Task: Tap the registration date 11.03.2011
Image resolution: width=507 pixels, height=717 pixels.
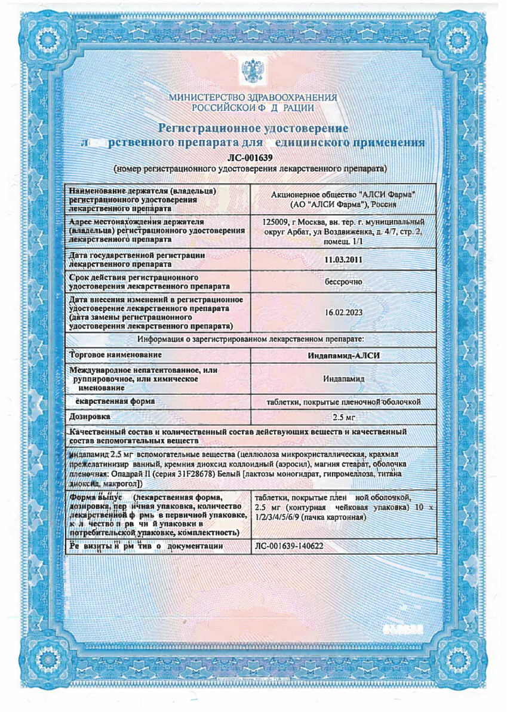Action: pos(343,260)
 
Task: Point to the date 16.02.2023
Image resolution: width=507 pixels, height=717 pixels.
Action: pos(343,312)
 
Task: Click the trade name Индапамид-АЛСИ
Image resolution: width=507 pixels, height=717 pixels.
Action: pos(343,356)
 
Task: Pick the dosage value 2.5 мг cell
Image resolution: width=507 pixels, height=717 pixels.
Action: pos(343,416)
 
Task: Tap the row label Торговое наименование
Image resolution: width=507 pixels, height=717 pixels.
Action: pos(113,355)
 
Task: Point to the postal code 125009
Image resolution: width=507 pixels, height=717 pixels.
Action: pos(275,222)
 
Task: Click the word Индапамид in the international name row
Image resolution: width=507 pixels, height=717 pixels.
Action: pos(343,379)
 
